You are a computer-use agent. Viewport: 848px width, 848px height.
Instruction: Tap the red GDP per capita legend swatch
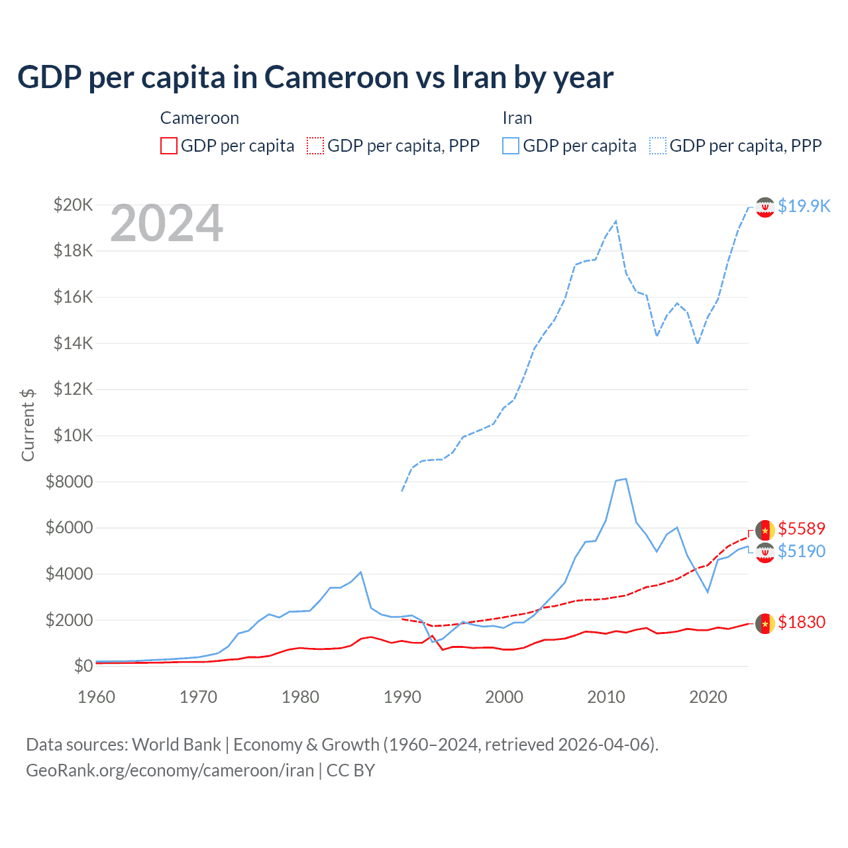click(x=169, y=146)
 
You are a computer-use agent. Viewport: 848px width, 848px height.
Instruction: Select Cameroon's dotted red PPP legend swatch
click(x=315, y=146)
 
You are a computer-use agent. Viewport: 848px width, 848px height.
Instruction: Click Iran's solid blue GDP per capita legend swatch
click(x=511, y=146)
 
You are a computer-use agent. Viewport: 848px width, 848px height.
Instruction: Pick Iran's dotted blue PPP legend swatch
click(x=658, y=146)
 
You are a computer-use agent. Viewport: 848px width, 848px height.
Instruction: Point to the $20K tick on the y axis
click(x=73, y=205)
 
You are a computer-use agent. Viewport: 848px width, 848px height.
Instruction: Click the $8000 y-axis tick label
click(x=69, y=482)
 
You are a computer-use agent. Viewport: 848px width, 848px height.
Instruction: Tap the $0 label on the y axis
click(x=83, y=666)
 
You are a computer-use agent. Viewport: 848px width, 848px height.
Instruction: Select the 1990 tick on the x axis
click(x=402, y=697)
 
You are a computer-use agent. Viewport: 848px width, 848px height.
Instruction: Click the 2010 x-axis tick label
click(x=606, y=697)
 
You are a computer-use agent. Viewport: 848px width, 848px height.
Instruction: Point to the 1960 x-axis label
click(x=97, y=697)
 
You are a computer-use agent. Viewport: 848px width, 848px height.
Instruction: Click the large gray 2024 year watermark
click(x=166, y=224)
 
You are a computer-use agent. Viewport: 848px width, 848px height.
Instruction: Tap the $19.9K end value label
click(x=804, y=206)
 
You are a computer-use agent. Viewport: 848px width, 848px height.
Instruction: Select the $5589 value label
click(x=802, y=529)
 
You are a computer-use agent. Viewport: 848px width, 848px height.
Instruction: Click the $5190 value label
click(x=802, y=551)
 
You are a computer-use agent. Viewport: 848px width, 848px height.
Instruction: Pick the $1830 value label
click(x=802, y=622)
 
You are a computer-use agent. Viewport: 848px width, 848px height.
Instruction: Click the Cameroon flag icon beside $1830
click(x=765, y=623)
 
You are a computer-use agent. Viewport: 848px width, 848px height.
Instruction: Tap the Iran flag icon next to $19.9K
click(x=765, y=207)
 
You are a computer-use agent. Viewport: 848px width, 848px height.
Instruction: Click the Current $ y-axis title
click(x=28, y=425)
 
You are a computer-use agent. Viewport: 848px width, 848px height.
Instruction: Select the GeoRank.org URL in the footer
click(x=170, y=770)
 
